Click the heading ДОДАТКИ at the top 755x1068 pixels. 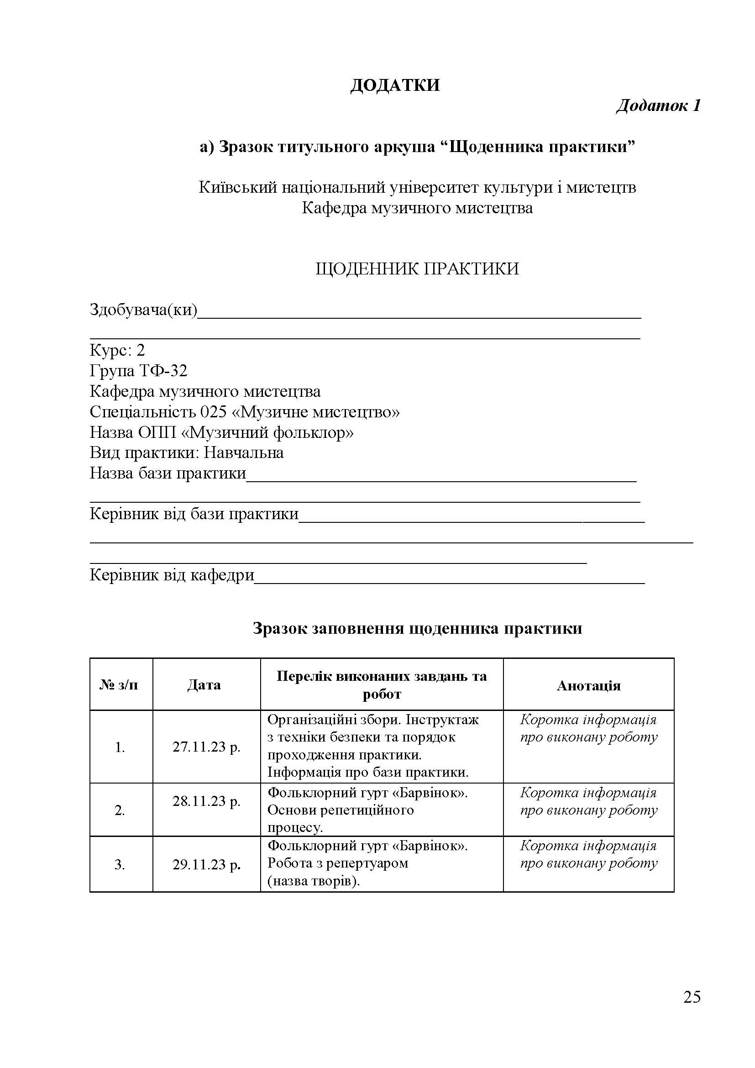[x=395, y=85]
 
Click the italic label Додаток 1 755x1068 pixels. [x=658, y=106]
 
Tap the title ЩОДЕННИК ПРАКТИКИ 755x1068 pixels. [x=417, y=269]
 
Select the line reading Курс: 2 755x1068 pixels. [x=117, y=350]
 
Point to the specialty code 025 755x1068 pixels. [x=213, y=412]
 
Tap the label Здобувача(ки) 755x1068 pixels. [x=143, y=309]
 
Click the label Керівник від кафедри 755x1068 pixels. [x=172, y=575]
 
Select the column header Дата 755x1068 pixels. [x=204, y=685]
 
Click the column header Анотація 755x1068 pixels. [x=588, y=686]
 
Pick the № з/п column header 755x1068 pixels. [x=119, y=685]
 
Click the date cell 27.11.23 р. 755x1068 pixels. [x=206, y=747]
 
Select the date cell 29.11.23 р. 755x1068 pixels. [x=206, y=865]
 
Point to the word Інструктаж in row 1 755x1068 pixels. [x=442, y=720]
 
